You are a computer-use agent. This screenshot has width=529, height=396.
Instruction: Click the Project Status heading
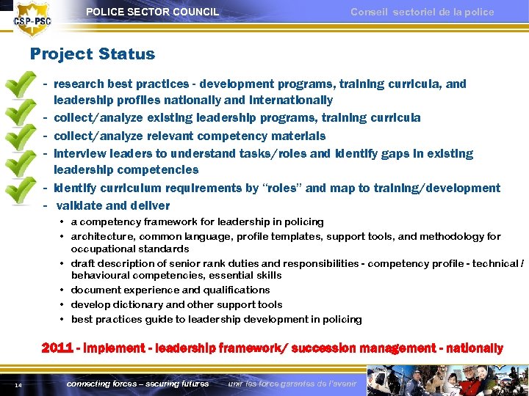click(93, 54)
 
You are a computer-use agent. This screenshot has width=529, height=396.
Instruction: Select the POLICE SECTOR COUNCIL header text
click(152, 12)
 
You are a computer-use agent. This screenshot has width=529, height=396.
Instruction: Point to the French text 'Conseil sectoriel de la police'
click(422, 12)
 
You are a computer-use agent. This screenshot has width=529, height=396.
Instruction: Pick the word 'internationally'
click(291, 100)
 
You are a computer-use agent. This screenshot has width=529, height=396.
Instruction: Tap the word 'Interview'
click(79, 154)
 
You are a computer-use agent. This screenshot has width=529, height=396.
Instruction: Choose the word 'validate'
click(80, 206)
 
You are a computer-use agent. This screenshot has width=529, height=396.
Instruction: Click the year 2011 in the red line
click(57, 348)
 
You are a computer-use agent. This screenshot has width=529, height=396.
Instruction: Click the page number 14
click(17, 384)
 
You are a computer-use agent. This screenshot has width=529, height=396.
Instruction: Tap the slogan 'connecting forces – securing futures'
click(137, 384)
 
